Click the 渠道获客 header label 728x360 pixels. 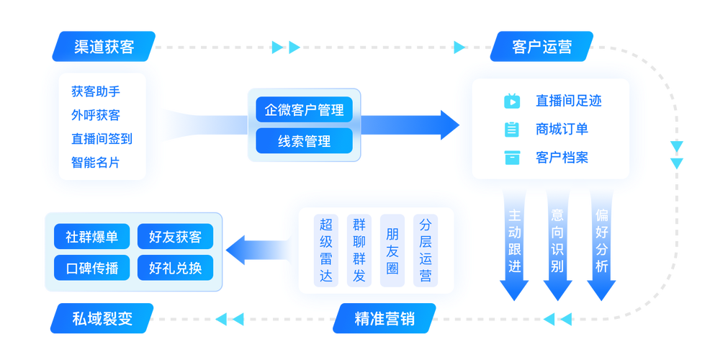104,47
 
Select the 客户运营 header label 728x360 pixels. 541,47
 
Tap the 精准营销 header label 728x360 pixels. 385,319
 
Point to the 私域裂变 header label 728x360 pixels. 103,319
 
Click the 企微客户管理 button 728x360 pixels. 304,110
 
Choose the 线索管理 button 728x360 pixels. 304,141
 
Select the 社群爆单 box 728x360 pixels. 91,236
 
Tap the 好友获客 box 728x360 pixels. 175,236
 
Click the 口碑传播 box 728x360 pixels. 91,269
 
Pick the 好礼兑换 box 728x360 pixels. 175,269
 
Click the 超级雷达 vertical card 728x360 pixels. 326,250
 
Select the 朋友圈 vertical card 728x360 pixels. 392,250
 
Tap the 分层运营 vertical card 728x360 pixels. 426,250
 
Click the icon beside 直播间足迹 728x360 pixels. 512,101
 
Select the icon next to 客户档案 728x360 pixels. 512,157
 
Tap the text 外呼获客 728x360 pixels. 96,115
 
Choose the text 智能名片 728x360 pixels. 96,162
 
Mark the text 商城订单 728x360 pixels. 562,129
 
